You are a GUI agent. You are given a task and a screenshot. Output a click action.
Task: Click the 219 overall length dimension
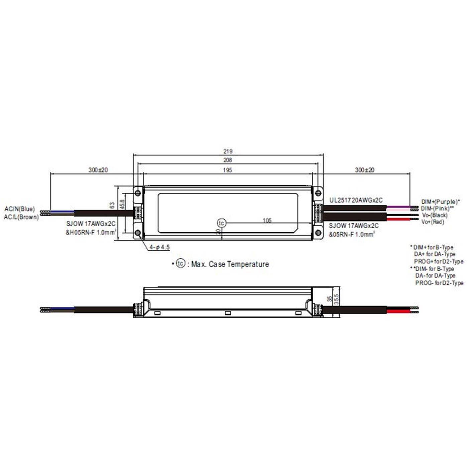[228, 151]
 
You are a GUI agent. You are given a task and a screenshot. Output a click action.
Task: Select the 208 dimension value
[228, 160]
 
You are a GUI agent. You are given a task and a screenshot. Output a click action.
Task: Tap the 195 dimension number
[228, 170]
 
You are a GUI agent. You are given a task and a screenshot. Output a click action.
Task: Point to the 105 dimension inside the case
[267, 220]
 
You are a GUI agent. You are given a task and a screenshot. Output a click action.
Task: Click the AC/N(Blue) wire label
[19, 209]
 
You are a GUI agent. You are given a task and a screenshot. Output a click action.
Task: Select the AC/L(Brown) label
[21, 217]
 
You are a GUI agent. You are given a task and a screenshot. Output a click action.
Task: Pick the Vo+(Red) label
[433, 222]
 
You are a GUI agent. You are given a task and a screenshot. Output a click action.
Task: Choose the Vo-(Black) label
[434, 215]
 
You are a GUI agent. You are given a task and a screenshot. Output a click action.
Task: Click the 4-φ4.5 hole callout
[159, 247]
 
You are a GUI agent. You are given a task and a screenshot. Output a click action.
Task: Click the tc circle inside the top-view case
[221, 223]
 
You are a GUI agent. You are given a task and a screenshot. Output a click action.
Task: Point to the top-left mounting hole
[137, 193]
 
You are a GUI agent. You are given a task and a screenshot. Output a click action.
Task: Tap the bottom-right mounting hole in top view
[318, 233]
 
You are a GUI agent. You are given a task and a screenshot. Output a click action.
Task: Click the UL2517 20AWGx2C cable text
[356, 200]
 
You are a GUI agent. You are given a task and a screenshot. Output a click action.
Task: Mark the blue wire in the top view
[62, 211]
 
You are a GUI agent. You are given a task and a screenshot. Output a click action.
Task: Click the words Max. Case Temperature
[230, 264]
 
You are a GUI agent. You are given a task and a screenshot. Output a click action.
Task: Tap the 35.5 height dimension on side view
[337, 299]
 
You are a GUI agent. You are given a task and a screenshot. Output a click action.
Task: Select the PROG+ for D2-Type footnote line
[438, 261]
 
